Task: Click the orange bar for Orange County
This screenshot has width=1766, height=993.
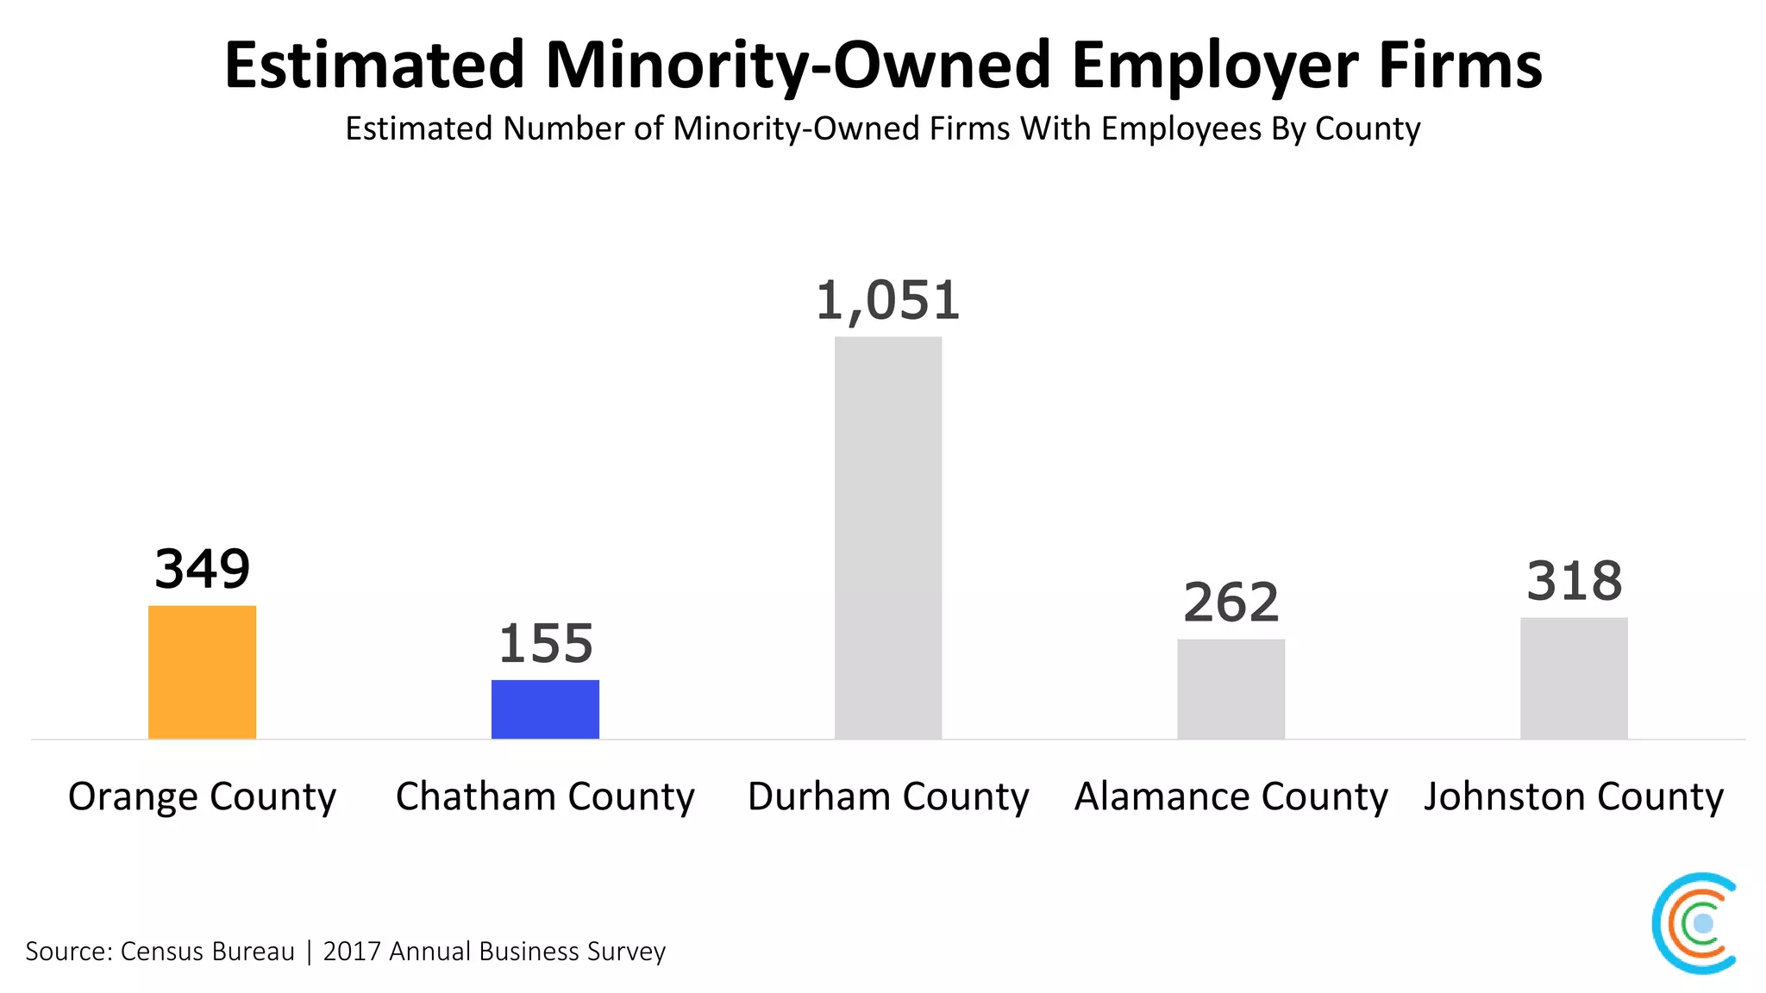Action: click(202, 672)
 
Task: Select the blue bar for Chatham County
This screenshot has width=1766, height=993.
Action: click(545, 709)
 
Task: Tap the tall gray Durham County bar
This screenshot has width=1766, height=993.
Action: click(888, 538)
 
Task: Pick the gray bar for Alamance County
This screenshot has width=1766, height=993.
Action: click(1231, 689)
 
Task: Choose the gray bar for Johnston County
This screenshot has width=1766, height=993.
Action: click(1574, 678)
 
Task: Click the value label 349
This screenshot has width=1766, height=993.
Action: click(202, 569)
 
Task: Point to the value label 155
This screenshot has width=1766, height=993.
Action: click(545, 644)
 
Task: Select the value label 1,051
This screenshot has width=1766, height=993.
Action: click(888, 301)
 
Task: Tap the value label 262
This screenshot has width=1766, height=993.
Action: click(1231, 602)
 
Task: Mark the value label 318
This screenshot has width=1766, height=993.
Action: click(1574, 581)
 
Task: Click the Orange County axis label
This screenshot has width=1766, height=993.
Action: click(202, 796)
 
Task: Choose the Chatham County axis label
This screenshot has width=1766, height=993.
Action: click(545, 796)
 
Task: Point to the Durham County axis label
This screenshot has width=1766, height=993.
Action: click(888, 796)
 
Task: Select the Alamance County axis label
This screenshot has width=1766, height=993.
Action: click(1231, 796)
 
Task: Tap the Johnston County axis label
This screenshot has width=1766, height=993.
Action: click(1574, 796)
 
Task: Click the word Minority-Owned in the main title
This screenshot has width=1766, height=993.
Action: click(798, 66)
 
